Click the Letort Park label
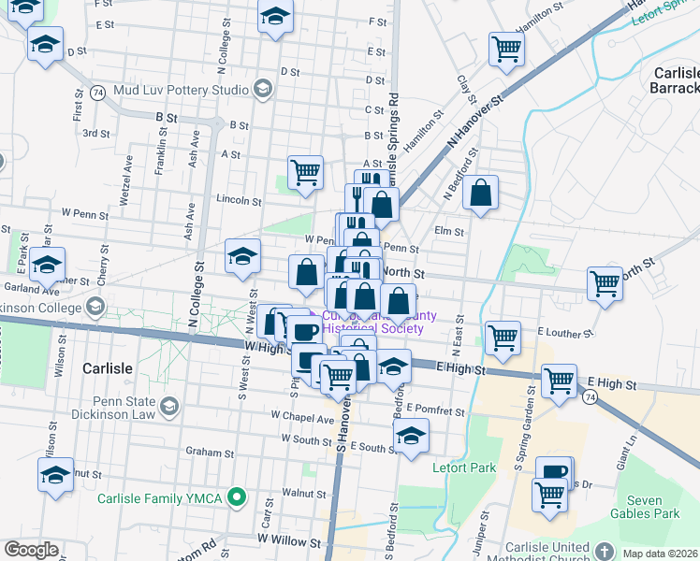click(x=456, y=467)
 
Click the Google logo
click(x=31, y=550)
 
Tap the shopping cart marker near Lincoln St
click(x=305, y=172)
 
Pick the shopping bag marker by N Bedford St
click(x=480, y=193)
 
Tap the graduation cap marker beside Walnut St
click(x=55, y=474)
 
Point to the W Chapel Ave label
click(x=301, y=418)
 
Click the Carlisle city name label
click(x=107, y=368)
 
